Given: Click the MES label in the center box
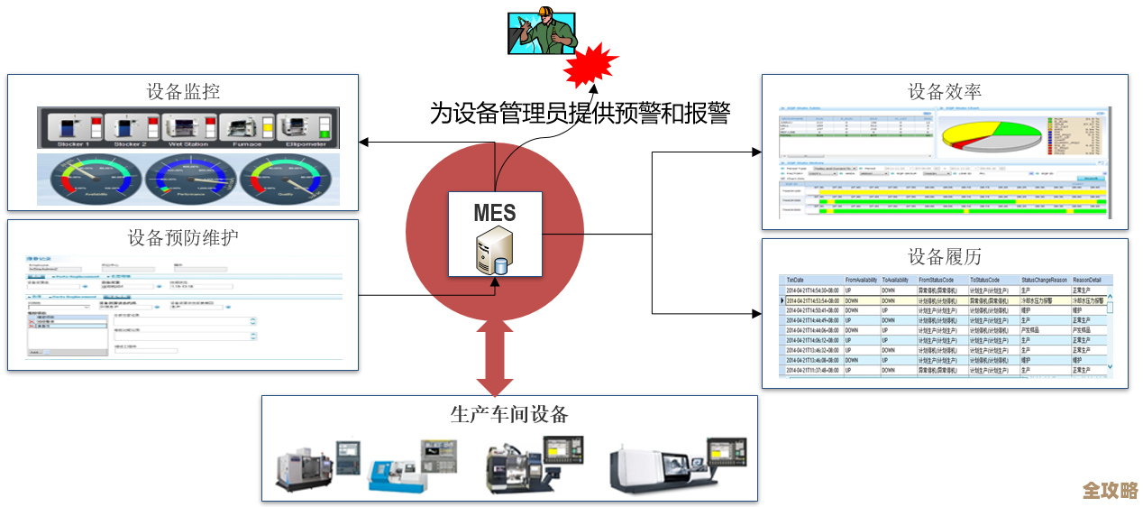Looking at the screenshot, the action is pos(495,213).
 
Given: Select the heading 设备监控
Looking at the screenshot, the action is pos(183,92).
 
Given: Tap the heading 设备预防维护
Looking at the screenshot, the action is pos(183,237).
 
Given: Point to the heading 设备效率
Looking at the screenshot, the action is pos(944,92).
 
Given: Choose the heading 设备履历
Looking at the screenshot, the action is pos(944,256).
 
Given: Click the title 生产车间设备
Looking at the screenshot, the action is pos(509,414).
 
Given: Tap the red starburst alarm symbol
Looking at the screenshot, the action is pos(590,63).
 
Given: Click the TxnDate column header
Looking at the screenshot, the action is pos(799,281).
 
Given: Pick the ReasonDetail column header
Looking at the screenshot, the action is pos(1086,281).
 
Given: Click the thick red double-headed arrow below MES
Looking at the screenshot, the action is pos(495,355).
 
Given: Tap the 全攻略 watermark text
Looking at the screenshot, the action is pos(1110,490).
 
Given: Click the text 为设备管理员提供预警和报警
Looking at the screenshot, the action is pos(579,113).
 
